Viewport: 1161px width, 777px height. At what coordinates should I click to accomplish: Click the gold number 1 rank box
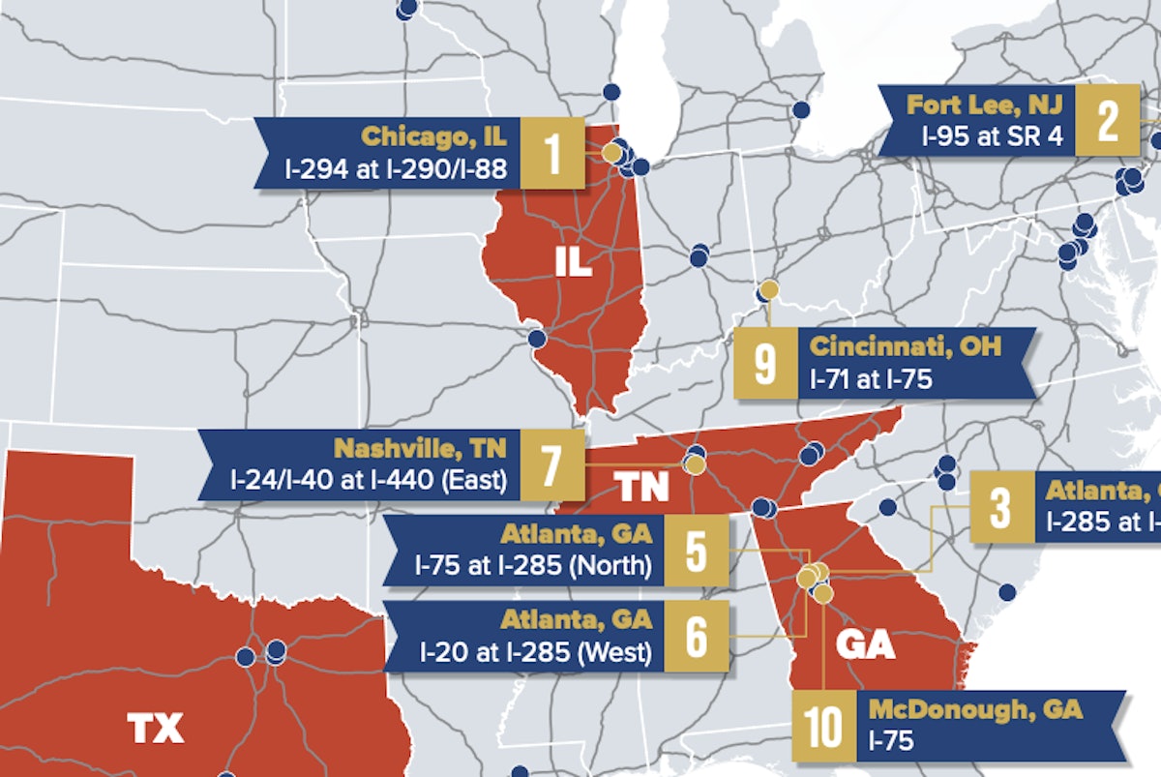553,153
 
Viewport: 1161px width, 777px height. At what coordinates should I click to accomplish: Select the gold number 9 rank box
764,363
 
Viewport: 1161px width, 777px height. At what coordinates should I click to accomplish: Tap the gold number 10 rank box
823,726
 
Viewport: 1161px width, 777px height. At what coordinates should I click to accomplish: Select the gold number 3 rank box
1000,506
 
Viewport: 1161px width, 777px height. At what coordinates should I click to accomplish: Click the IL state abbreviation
574,262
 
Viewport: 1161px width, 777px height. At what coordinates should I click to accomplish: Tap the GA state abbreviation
865,644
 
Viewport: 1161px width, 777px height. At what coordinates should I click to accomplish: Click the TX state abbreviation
156,728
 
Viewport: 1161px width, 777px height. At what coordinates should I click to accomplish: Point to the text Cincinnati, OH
906,345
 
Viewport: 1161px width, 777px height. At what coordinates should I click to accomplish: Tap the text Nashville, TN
421,448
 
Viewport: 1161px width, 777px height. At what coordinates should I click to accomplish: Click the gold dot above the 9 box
768,288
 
